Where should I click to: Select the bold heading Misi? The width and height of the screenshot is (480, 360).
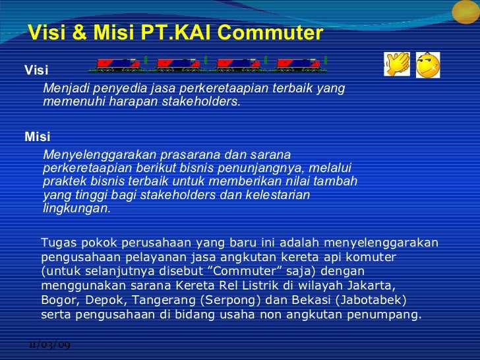[37, 137]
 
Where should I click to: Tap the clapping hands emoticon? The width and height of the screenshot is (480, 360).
[397, 65]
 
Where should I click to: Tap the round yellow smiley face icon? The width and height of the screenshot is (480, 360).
[428, 65]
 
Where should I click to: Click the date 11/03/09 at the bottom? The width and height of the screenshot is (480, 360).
[50, 345]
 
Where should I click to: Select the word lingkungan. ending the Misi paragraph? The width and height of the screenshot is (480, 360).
[76, 208]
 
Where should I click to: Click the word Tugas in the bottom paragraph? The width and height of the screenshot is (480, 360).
[58, 243]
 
